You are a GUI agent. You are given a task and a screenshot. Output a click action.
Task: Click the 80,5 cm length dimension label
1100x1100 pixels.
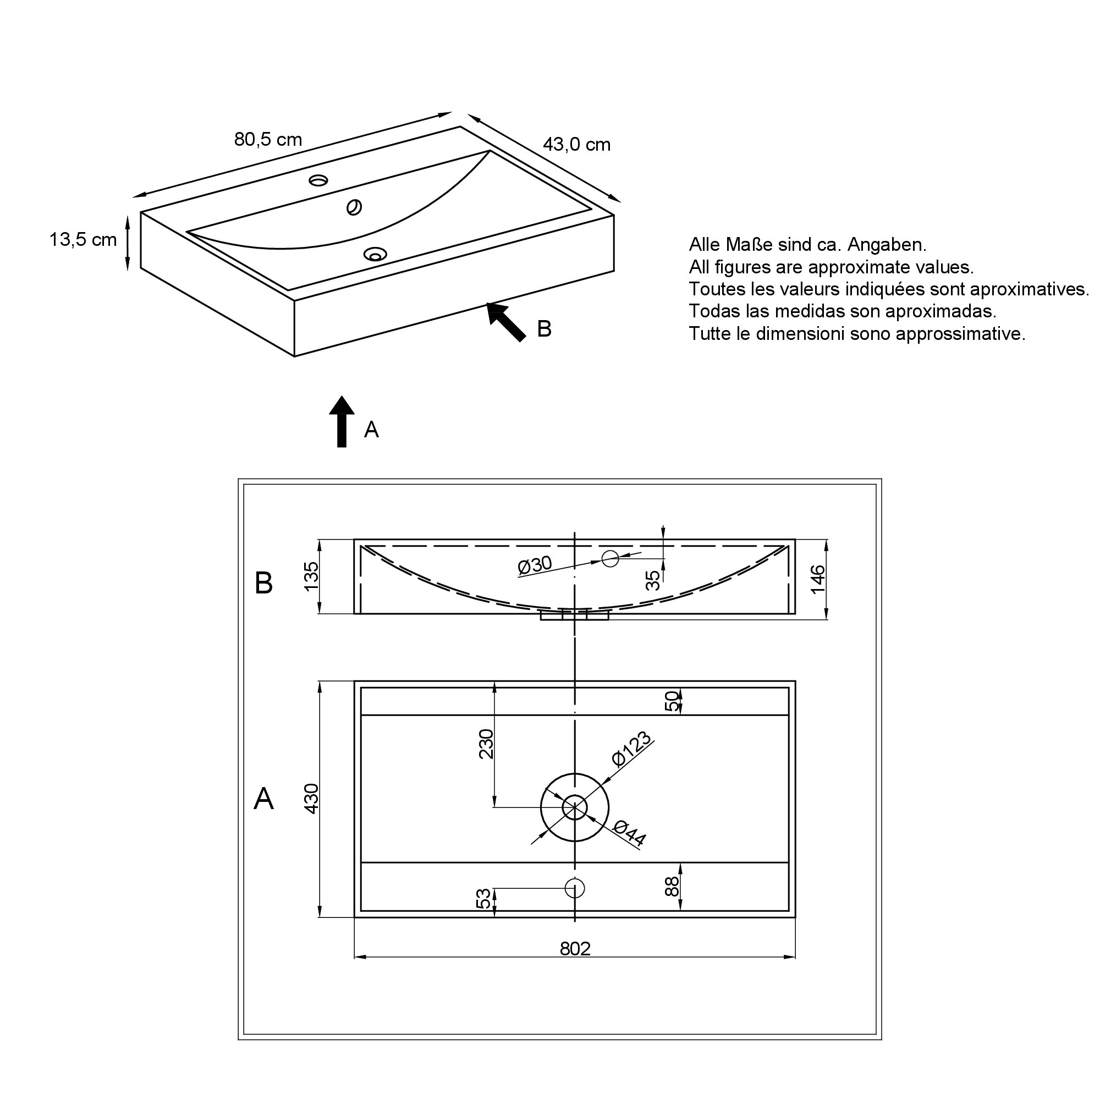pyautogui.click(x=268, y=140)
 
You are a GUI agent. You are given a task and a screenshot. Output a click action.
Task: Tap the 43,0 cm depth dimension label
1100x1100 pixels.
pyautogui.click(x=576, y=145)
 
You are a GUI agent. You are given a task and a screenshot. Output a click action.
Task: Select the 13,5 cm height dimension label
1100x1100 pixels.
pyautogui.click(x=83, y=240)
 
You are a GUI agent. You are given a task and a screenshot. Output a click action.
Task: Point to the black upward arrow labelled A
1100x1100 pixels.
pyautogui.click(x=342, y=421)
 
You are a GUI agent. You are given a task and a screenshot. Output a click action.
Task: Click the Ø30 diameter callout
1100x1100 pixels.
pyautogui.click(x=535, y=565)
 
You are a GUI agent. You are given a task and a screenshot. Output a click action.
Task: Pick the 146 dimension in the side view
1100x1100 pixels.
pyautogui.click(x=818, y=579)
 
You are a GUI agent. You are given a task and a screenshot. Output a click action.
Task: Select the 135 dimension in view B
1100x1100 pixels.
pyautogui.click(x=311, y=576)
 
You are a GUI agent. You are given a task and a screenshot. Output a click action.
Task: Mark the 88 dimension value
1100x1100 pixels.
pyautogui.click(x=672, y=887)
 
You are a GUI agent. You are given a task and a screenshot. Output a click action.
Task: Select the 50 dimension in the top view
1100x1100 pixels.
pyautogui.click(x=672, y=701)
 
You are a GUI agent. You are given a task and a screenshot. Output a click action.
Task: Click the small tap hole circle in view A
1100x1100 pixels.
pyautogui.click(x=575, y=888)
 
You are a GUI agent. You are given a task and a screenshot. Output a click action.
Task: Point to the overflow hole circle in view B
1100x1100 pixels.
pyautogui.click(x=610, y=559)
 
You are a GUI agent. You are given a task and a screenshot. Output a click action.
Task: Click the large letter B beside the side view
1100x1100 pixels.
pyautogui.click(x=263, y=583)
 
